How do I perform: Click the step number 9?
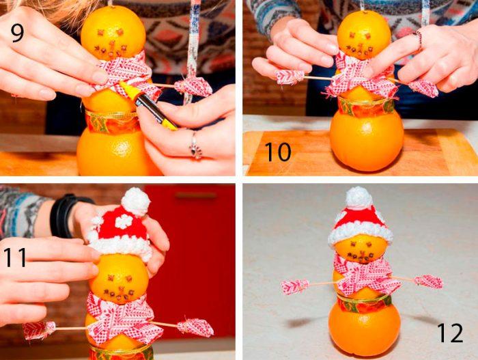coord(18,32)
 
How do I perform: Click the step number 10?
coord(277,150)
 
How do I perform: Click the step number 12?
coord(450,333)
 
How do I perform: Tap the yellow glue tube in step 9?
coord(147,104)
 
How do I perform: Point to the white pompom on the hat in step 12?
coord(358,197)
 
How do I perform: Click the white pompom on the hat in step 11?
coord(135,201)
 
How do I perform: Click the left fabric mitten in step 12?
coord(295,286)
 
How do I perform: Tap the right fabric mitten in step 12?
coord(429,281)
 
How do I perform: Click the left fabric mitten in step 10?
coord(290,77)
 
